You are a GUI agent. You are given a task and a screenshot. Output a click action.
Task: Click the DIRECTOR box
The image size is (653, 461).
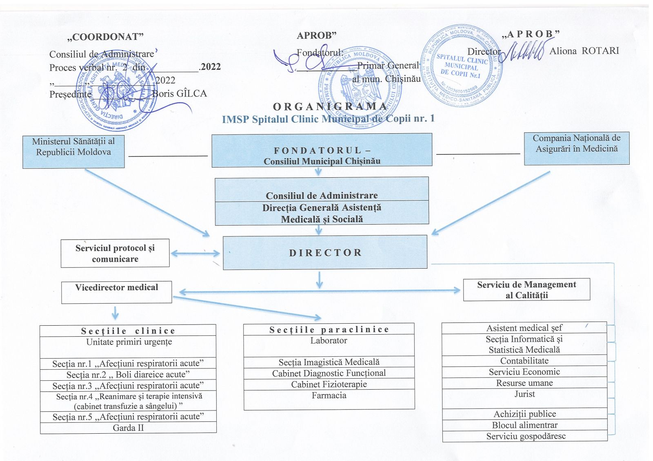coord(325,252)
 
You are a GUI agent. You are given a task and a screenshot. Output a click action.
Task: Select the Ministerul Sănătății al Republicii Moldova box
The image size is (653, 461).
coord(73,152)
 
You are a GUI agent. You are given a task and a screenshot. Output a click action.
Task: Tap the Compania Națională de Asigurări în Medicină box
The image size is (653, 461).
coord(576,148)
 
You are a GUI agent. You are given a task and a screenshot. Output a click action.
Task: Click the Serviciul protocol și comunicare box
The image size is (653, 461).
coord(115,253)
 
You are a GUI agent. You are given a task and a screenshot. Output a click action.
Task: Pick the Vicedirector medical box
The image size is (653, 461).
coord(117,292)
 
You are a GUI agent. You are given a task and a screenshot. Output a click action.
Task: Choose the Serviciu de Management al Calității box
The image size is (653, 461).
coord(526,289)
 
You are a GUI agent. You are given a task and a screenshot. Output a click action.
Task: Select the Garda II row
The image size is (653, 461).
coord(128,428)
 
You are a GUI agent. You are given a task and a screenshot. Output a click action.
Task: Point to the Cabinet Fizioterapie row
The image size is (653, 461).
coord(329,384)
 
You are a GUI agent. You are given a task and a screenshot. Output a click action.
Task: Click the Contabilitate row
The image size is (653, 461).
coord(524,361)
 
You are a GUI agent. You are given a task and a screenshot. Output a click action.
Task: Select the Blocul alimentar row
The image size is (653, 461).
coord(524,425)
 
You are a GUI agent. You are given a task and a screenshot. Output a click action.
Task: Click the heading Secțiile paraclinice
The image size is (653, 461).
coord(329,329)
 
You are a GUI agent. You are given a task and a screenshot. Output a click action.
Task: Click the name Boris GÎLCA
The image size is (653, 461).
coord(180,94)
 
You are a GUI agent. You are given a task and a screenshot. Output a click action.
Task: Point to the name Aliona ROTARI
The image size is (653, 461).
coord(584,51)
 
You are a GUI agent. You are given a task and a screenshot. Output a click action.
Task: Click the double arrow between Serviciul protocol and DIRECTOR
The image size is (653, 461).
coord(195,253)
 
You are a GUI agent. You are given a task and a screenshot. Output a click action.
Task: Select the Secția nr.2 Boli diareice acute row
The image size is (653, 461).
coord(128,374)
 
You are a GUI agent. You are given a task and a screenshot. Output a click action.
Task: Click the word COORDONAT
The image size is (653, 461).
coord(105,37)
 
